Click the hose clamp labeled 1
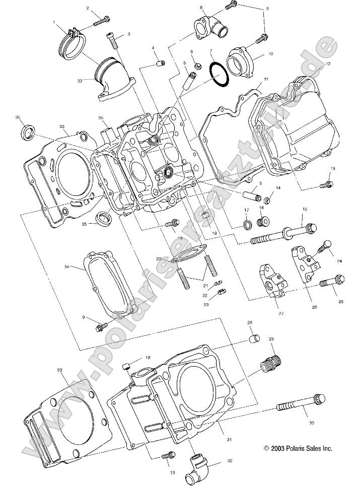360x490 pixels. click(71, 40)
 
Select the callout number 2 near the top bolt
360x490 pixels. click(88, 9)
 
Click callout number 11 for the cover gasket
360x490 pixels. click(266, 80)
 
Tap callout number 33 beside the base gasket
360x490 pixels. click(59, 370)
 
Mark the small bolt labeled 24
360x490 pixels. click(324, 247)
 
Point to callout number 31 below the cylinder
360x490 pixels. click(229, 440)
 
